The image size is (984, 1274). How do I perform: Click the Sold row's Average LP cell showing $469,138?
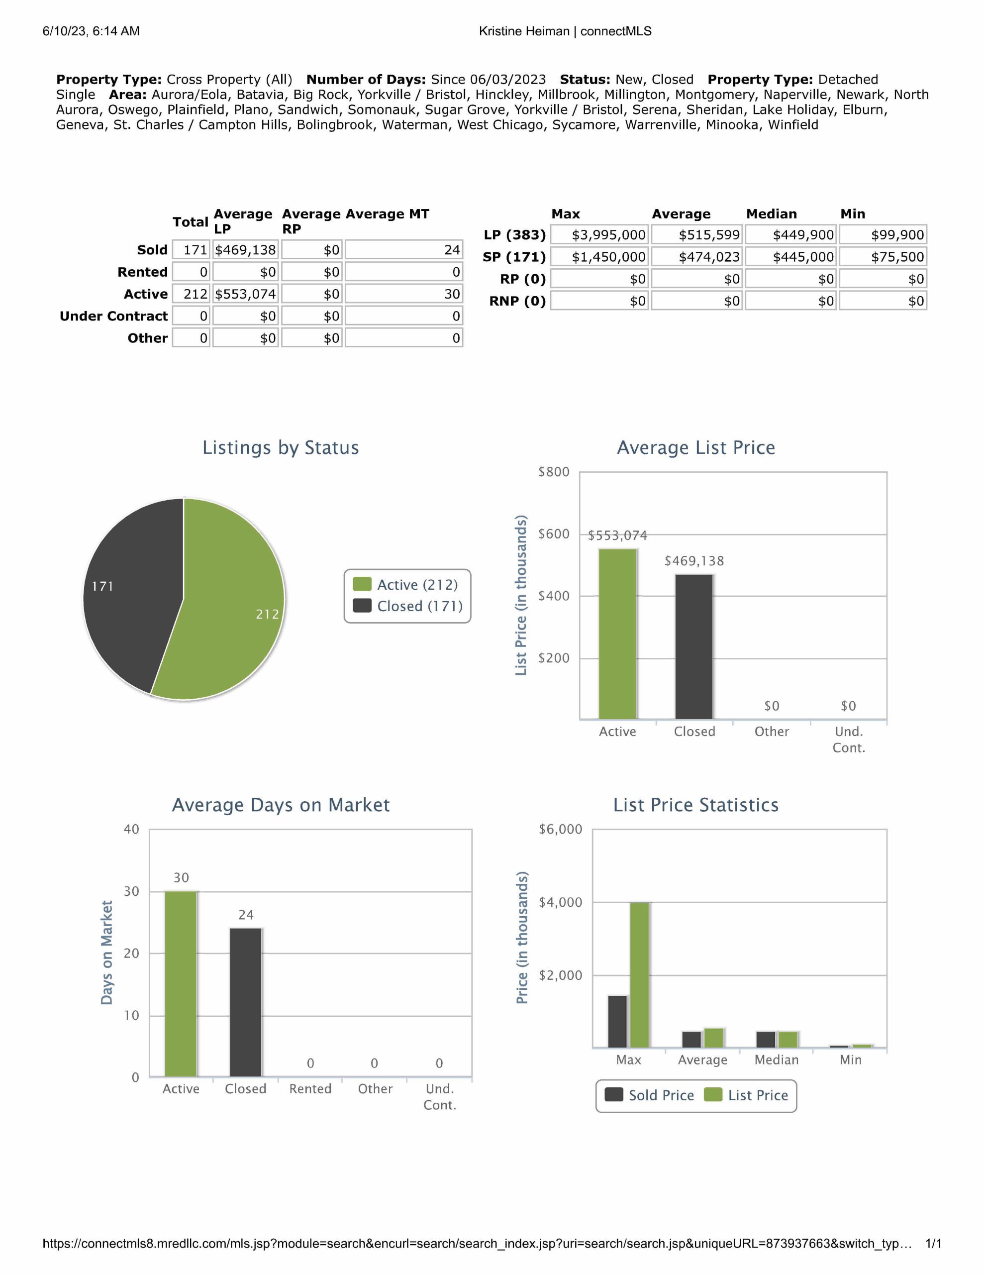pos(246,250)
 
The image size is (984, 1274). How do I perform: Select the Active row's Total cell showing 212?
pos(192,294)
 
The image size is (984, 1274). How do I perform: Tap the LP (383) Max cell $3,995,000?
pos(599,235)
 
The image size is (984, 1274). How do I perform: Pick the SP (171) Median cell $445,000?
pos(790,257)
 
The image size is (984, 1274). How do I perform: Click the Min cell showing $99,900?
pos(883,235)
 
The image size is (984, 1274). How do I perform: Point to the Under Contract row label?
pos(114,316)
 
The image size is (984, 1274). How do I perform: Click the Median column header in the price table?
pos(771,214)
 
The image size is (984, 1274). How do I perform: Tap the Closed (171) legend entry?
pos(408,606)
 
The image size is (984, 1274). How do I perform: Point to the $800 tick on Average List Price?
pos(554,472)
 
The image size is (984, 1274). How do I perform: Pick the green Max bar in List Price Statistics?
pos(640,974)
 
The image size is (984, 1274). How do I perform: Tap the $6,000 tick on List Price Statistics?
pos(560,829)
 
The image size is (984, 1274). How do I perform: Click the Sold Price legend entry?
pos(650,1095)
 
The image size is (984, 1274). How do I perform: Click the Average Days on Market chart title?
pos(281,805)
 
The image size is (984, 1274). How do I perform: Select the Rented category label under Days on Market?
pos(310,1088)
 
